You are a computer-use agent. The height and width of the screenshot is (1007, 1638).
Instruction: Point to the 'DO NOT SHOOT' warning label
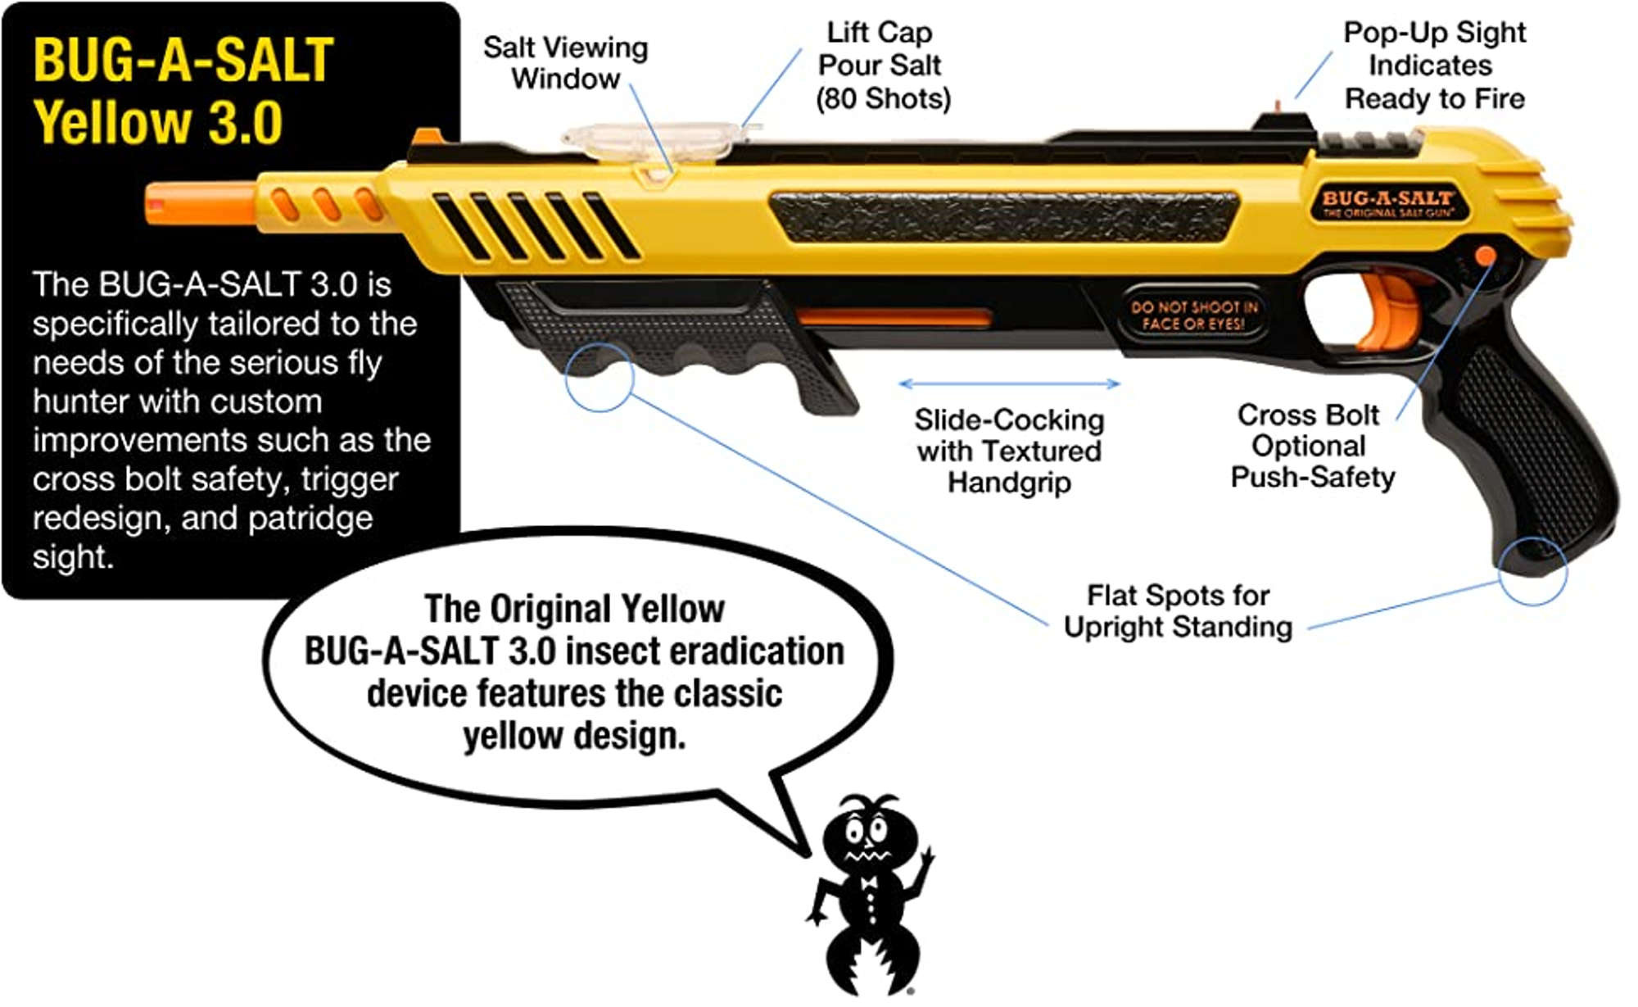click(1193, 315)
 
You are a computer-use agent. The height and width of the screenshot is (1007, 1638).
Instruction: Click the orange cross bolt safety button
click(1484, 256)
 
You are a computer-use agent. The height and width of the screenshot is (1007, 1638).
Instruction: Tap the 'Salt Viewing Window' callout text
click(565, 63)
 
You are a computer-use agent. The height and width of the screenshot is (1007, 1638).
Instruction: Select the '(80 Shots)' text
click(883, 99)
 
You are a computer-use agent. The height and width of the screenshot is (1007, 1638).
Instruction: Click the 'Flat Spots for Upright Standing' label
click(1178, 611)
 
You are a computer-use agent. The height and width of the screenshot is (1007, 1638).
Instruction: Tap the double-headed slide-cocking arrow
click(1009, 383)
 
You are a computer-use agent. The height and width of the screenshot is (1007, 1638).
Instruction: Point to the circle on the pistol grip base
click(1532, 571)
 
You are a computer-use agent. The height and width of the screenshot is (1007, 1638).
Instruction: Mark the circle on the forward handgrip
click(600, 377)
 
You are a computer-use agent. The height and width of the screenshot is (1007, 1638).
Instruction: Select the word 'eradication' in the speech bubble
click(757, 652)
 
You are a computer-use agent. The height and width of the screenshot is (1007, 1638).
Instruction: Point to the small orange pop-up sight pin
click(1278, 106)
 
